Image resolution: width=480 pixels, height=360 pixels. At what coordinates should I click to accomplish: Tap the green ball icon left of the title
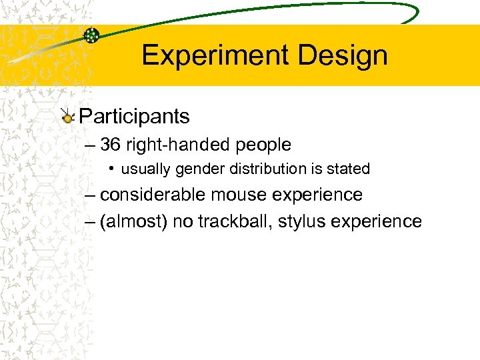pos(91,35)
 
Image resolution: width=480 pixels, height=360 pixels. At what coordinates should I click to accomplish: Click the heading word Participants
pos(134,117)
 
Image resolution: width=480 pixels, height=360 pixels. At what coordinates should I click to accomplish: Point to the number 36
pos(112,144)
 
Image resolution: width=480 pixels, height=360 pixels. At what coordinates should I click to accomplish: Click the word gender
pos(201,169)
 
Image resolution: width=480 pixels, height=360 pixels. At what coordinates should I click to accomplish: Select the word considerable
pos(153,195)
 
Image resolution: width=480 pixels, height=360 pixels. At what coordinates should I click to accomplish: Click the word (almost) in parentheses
pos(133,221)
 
